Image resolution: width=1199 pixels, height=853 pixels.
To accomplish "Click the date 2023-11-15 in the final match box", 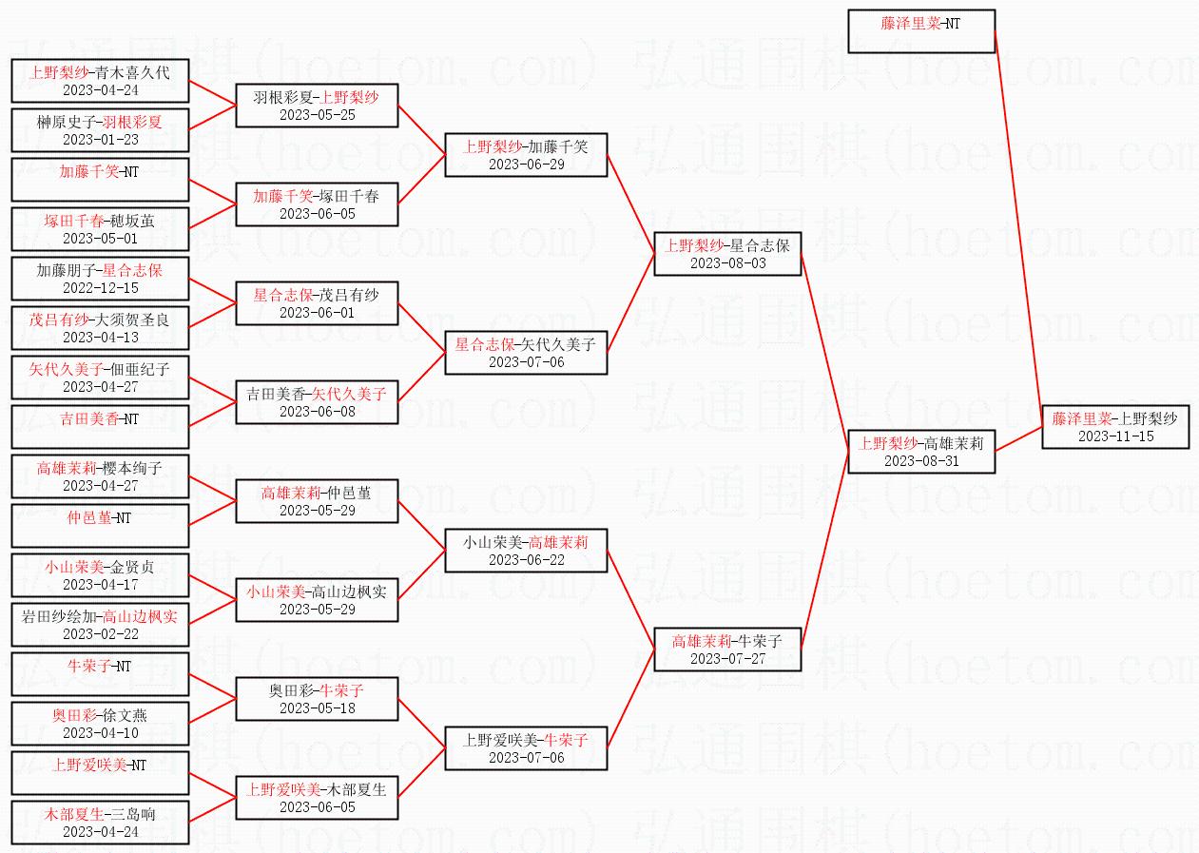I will click(x=1115, y=436).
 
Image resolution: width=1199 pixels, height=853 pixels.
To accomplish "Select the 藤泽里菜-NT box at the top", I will click(x=920, y=31).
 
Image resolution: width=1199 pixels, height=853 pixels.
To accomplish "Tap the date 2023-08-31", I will click(x=921, y=461).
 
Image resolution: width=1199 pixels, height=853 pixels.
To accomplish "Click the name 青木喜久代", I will click(x=133, y=71).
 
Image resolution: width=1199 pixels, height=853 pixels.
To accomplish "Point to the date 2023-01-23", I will click(x=100, y=140).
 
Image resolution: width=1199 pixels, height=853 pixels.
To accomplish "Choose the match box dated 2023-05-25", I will click(x=317, y=106).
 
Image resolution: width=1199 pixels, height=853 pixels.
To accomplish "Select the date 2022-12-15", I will click(x=100, y=288).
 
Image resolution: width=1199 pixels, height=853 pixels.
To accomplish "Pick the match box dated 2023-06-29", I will click(x=526, y=155).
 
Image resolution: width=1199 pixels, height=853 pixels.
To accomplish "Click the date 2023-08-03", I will click(x=727, y=263).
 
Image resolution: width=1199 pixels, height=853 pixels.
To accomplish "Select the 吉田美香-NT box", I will click(x=100, y=426).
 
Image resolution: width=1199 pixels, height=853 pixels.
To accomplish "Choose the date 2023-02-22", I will click(x=100, y=634).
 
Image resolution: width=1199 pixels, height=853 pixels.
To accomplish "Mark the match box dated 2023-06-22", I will click(x=526, y=551).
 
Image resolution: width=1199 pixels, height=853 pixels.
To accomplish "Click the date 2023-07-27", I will click(x=727, y=659).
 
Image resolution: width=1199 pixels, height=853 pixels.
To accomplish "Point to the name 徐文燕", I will click(x=125, y=715).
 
